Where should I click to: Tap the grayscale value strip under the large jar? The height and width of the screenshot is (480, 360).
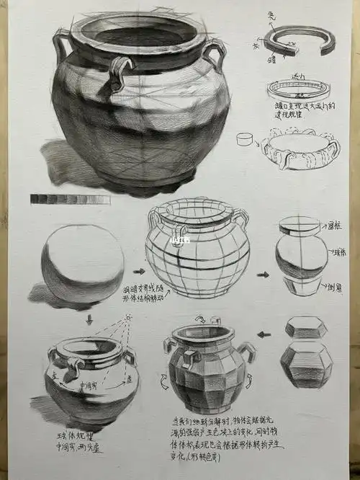pos(70,198)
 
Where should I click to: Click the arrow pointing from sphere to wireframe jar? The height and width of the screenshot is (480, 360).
pos(139,272)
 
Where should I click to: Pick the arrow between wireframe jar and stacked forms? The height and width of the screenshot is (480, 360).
pos(264,275)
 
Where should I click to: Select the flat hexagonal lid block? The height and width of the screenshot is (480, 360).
pos(307,328)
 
